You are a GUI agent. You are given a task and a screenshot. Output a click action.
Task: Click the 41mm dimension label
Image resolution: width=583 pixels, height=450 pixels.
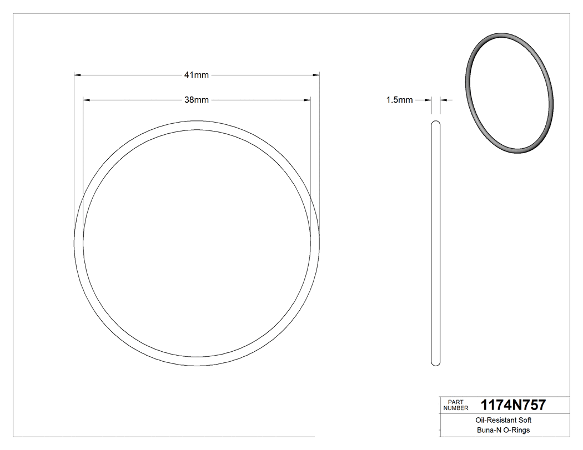(197, 75)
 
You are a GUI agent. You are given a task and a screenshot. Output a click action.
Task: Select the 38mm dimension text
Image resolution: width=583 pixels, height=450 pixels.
(197, 100)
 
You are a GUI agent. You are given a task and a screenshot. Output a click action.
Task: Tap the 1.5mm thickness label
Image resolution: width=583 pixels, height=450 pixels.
(399, 100)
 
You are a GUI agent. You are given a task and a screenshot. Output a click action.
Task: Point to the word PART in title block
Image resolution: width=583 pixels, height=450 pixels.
(455, 402)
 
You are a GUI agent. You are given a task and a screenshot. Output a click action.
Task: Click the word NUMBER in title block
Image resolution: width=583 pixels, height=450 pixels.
(456, 408)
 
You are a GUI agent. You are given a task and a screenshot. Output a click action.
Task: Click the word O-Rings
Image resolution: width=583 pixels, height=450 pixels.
(517, 430)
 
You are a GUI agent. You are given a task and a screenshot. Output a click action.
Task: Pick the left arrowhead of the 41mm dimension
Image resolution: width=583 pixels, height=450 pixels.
(78, 74)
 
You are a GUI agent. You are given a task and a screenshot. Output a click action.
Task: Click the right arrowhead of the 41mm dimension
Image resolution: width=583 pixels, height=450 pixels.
(316, 74)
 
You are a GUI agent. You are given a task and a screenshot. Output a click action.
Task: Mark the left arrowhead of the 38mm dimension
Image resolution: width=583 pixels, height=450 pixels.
(87, 100)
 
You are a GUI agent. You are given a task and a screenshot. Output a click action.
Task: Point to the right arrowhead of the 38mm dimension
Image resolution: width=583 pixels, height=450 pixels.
(307, 100)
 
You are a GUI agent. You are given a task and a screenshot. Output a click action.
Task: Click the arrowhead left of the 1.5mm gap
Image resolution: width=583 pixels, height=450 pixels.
(428, 100)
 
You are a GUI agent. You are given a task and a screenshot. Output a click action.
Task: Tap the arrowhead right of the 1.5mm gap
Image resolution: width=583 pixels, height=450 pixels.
(444, 100)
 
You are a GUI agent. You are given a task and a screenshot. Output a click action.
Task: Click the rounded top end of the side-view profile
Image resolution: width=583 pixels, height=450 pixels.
(436, 123)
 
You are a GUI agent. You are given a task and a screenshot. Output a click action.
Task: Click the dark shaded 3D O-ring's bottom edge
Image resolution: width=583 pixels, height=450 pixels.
(519, 150)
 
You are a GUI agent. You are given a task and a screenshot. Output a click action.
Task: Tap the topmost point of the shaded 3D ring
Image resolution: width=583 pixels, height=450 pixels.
(494, 34)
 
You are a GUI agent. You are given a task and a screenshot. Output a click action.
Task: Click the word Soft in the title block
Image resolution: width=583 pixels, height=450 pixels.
(524, 421)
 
